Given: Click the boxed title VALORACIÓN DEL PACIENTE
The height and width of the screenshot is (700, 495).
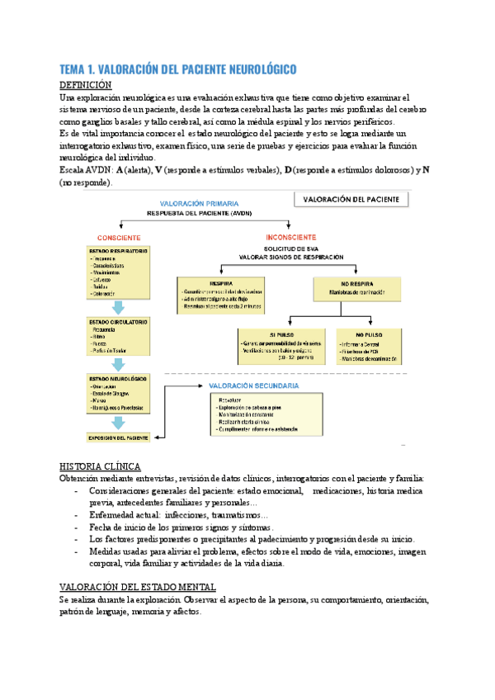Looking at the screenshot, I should pos(352,200).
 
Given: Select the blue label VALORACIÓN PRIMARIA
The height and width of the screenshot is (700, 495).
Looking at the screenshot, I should pos(200,202).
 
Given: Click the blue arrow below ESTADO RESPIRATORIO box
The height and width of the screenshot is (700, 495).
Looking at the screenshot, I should pos(118,306).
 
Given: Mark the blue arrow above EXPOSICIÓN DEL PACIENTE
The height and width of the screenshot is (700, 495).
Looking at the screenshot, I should pos(118,422).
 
